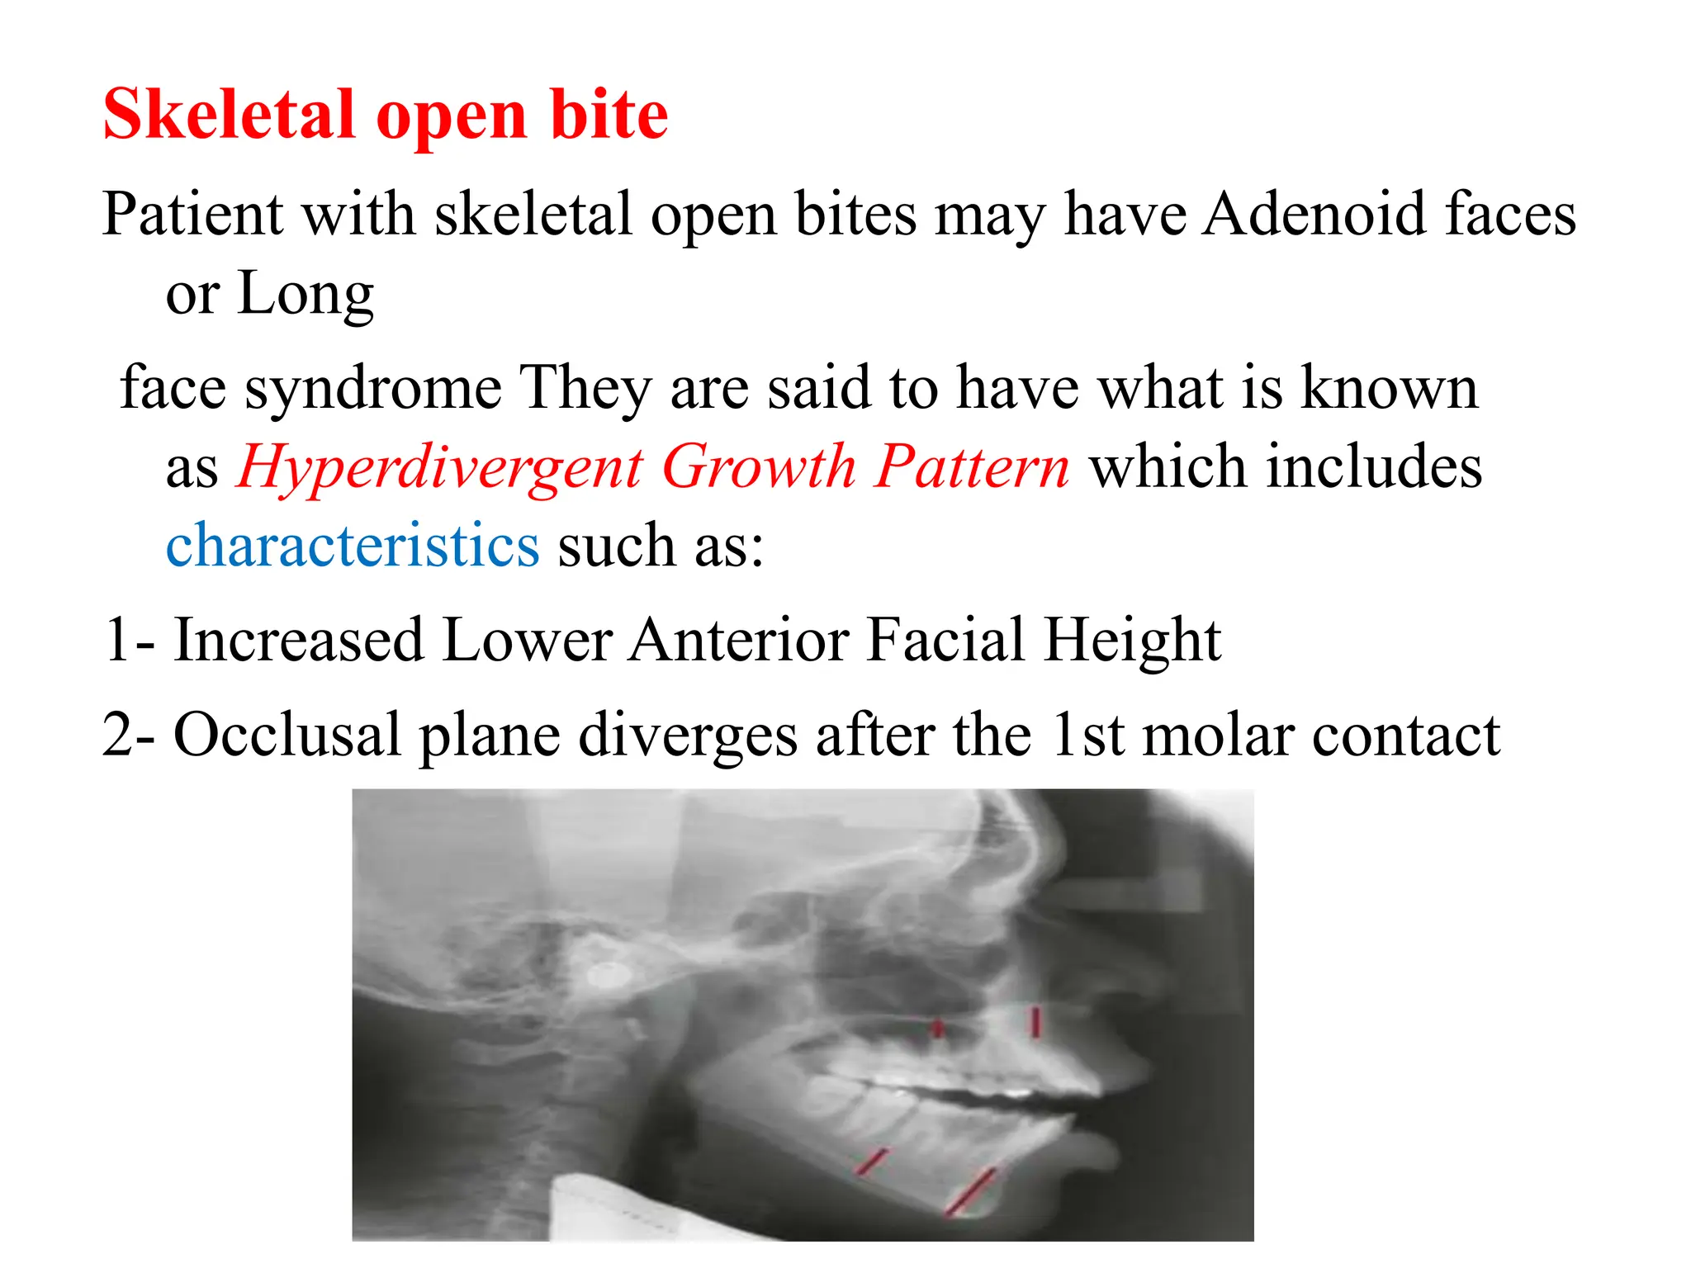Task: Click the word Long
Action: (306, 293)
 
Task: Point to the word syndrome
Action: (373, 387)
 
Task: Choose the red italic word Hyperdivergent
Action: (440, 466)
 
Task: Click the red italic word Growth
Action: (759, 466)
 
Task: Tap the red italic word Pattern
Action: (972, 466)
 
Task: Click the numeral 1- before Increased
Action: (128, 640)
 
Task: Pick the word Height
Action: (1131, 640)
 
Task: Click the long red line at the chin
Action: (971, 1191)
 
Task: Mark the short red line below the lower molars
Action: (871, 1162)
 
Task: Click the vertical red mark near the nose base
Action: (1035, 1021)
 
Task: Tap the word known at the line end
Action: (1389, 387)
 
